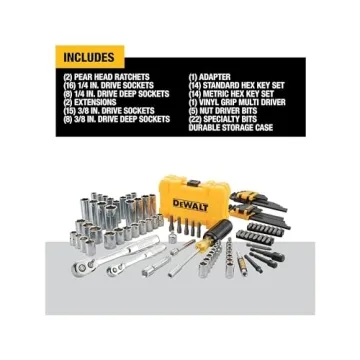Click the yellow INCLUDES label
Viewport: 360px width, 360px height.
88,57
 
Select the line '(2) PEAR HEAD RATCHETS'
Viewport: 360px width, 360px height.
106,76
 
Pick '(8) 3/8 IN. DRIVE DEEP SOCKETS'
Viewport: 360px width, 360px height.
117,118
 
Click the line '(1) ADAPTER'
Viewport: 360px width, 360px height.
210,76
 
